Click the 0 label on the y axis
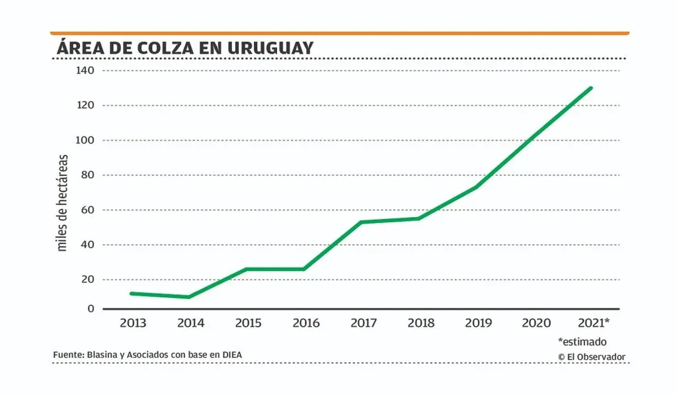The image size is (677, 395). [x=91, y=309]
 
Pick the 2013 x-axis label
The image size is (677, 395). [x=133, y=323]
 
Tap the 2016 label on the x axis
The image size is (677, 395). [x=305, y=323]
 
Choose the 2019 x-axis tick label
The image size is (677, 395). [x=479, y=323]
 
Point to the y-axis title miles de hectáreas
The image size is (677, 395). [x=63, y=202]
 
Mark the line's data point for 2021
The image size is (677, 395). [x=590, y=88]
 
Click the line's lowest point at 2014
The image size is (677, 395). [x=189, y=297]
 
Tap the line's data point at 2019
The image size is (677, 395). [x=476, y=187]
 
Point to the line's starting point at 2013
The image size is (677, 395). [x=132, y=293]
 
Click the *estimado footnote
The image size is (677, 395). [x=582, y=342]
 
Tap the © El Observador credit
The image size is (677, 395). [x=591, y=357]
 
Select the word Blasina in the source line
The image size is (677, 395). [x=103, y=355]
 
